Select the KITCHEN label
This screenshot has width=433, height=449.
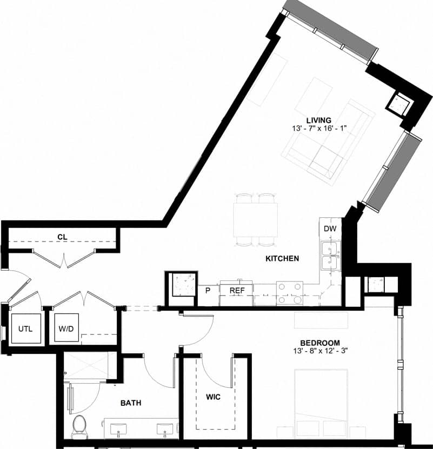(282, 259)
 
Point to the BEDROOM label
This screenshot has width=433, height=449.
(320, 343)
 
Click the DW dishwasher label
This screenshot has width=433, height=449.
(330, 229)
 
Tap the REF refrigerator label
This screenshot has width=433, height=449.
(237, 291)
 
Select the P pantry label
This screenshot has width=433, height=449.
(207, 291)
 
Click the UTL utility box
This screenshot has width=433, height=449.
(26, 329)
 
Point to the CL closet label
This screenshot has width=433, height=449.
(62, 237)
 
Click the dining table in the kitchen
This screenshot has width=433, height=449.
(256, 219)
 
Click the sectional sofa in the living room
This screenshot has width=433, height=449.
(324, 146)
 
